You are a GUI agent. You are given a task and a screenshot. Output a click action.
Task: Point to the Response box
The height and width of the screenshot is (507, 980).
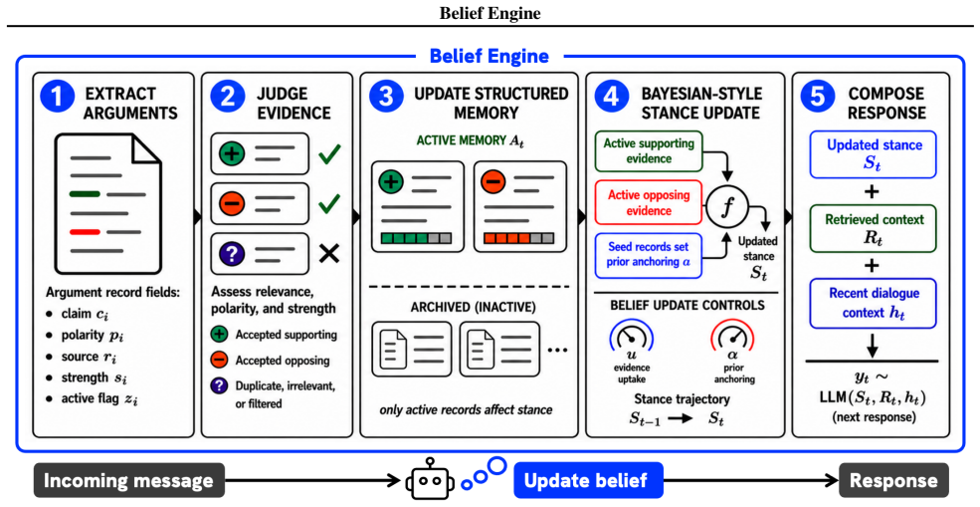(x=893, y=481)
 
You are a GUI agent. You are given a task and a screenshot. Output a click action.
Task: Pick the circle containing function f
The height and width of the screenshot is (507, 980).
(x=725, y=208)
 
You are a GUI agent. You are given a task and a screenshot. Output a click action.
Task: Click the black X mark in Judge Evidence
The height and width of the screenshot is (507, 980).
(x=328, y=253)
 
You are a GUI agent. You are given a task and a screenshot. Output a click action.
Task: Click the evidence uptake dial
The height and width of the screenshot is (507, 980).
(x=630, y=339)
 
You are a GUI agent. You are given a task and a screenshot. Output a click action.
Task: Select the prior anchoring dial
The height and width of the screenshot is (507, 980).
(x=732, y=339)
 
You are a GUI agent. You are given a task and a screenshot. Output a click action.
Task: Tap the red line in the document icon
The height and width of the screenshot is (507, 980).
(x=85, y=232)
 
